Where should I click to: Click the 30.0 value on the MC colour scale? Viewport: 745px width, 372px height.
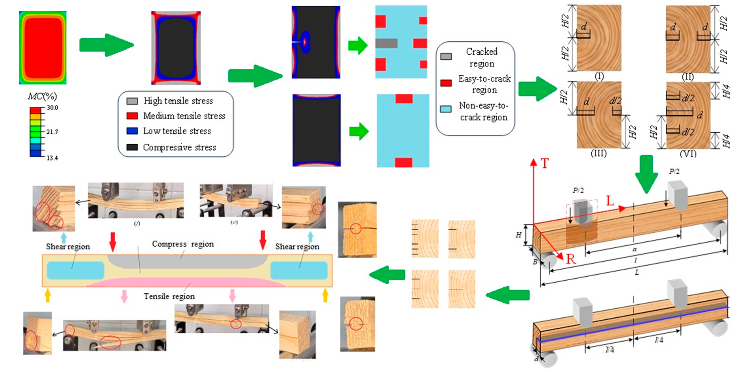point(52,107)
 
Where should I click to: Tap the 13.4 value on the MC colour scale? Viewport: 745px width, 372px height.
point(52,158)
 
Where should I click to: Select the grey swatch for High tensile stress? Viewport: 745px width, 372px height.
point(132,101)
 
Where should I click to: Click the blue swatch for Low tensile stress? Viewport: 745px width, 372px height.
point(132,131)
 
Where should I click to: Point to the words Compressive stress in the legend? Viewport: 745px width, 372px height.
point(179,147)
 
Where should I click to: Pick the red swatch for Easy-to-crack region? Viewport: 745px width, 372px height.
point(446,83)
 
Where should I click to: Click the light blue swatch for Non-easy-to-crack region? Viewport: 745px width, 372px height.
point(446,109)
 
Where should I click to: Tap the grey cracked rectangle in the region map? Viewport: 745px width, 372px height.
point(386,43)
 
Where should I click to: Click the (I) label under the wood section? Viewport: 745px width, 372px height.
point(599,76)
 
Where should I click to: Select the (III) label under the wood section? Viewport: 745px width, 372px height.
point(598,153)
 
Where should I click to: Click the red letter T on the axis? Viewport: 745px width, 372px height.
point(544,163)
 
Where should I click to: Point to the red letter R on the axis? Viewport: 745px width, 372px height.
point(570,259)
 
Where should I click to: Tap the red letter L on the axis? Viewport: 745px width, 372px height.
point(610,201)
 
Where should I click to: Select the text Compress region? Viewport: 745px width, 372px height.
point(183,244)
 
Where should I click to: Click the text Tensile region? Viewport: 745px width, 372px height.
point(169,296)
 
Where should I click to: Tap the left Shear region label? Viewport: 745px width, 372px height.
point(68,247)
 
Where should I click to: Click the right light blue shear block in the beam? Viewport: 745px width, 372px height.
point(299,270)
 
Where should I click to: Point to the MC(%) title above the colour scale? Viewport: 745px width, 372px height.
point(42,96)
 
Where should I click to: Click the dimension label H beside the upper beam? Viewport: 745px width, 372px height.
point(518,235)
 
